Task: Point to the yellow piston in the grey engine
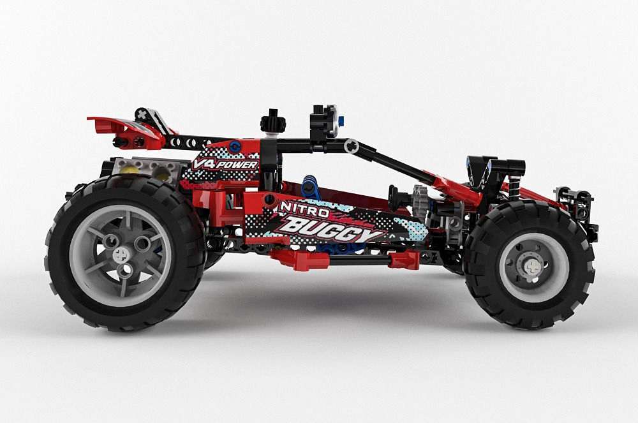pos(130,169)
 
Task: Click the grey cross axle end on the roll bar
pos(351,146)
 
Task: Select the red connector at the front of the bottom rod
pos(404,259)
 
